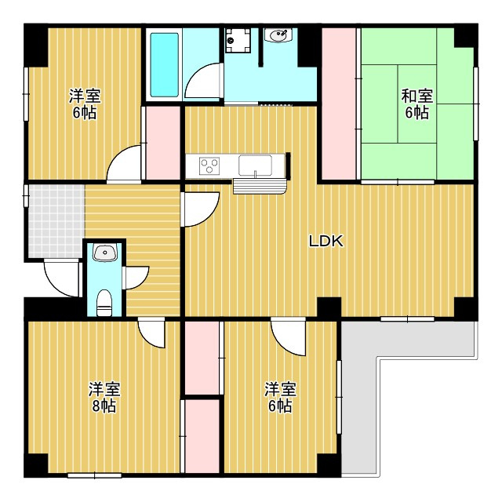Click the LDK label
(326, 242)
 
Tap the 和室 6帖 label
(417, 104)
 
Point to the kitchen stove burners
(209, 166)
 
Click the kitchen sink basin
(255, 166)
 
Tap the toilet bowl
(104, 302)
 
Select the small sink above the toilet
(104, 253)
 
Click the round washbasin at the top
(278, 35)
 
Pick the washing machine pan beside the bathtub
(238, 38)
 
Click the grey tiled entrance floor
(55, 220)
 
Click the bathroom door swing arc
(202, 82)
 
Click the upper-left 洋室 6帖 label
(83, 104)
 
